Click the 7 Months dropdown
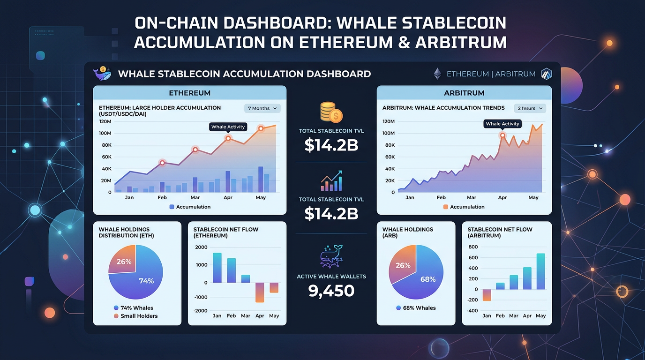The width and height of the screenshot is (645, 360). [262, 108]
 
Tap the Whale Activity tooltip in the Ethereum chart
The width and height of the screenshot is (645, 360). [228, 127]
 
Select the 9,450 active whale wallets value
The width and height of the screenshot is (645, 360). [331, 291]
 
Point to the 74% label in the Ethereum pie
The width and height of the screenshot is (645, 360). [146, 281]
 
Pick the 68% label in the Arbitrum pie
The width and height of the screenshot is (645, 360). [428, 279]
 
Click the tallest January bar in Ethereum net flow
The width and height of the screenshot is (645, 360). [217, 268]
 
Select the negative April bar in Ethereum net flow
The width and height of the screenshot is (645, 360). [260, 292]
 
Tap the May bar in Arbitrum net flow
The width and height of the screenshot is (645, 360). [540, 271]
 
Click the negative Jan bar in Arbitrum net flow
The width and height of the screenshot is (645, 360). [487, 295]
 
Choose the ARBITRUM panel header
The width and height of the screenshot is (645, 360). [464, 93]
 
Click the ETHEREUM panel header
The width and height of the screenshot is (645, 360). [189, 93]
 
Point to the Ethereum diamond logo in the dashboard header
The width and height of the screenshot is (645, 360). [437, 74]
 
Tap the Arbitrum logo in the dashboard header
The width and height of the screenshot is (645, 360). [546, 74]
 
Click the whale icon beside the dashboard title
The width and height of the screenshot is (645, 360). [102, 73]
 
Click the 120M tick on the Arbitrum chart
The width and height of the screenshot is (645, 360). [389, 121]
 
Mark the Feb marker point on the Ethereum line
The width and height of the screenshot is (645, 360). [162, 163]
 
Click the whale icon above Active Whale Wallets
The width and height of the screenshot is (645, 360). [331, 256]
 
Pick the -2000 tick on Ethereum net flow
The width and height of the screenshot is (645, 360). [201, 311]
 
